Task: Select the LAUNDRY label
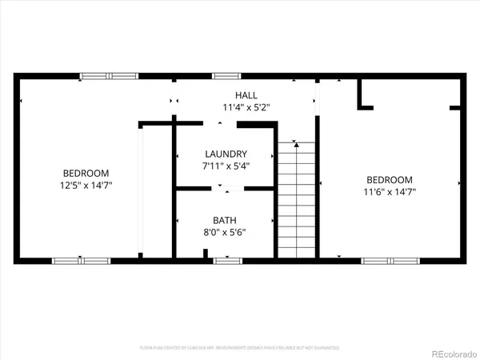point(226,154)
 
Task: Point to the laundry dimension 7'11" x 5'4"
point(226,166)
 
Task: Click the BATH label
point(224,220)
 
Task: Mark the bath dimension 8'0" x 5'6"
point(224,232)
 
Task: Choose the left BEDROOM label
point(86,173)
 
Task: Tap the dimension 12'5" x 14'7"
point(86,185)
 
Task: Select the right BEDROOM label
point(390,180)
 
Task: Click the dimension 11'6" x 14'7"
point(390,192)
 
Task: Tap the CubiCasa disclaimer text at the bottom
point(240,348)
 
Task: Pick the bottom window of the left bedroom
point(82,260)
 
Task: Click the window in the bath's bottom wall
point(227,260)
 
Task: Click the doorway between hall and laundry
point(225,123)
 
